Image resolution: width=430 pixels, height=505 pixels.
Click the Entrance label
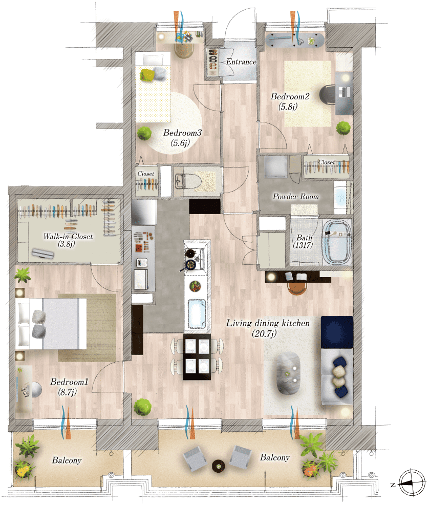tap(241, 61)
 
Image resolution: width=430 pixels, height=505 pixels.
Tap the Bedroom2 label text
tap(290, 96)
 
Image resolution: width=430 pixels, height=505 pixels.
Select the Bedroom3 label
tap(182, 132)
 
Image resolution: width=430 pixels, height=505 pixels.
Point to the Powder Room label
tap(295, 196)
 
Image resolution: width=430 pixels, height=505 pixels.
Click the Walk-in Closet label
tap(68, 237)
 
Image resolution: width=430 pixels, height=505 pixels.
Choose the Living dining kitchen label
tap(268, 323)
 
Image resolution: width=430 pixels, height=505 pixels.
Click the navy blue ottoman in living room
tap(337, 332)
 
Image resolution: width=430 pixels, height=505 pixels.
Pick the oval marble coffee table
tap(289, 373)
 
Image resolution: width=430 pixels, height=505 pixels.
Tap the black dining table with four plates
tap(197, 357)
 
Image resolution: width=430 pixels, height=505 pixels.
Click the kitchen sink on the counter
tap(197, 313)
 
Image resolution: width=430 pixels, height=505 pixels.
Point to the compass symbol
tap(412, 482)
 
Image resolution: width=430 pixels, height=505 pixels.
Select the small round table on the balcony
tap(219, 466)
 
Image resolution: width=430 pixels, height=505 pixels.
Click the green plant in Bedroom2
tap(343, 128)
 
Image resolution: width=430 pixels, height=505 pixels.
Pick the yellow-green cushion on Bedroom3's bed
tap(147, 75)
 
